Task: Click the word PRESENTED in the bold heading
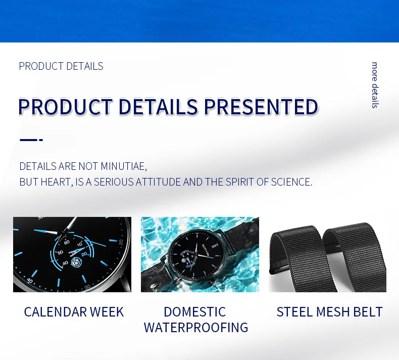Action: [x=261, y=107]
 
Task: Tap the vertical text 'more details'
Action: [x=375, y=85]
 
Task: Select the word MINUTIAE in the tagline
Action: [x=124, y=166]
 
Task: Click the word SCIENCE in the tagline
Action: [x=291, y=182]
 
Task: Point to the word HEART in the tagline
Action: [x=57, y=182]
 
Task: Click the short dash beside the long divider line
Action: [x=41, y=140]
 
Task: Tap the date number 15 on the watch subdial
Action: [x=76, y=262]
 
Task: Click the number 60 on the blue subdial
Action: [x=67, y=242]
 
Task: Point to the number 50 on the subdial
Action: [x=60, y=252]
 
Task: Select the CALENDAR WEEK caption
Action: [x=74, y=312]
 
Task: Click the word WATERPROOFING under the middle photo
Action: [x=196, y=328]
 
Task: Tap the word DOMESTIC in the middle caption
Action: [x=194, y=312]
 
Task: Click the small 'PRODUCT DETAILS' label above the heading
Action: [x=61, y=66]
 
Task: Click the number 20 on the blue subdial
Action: [x=84, y=254]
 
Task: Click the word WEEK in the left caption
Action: [x=107, y=312]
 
